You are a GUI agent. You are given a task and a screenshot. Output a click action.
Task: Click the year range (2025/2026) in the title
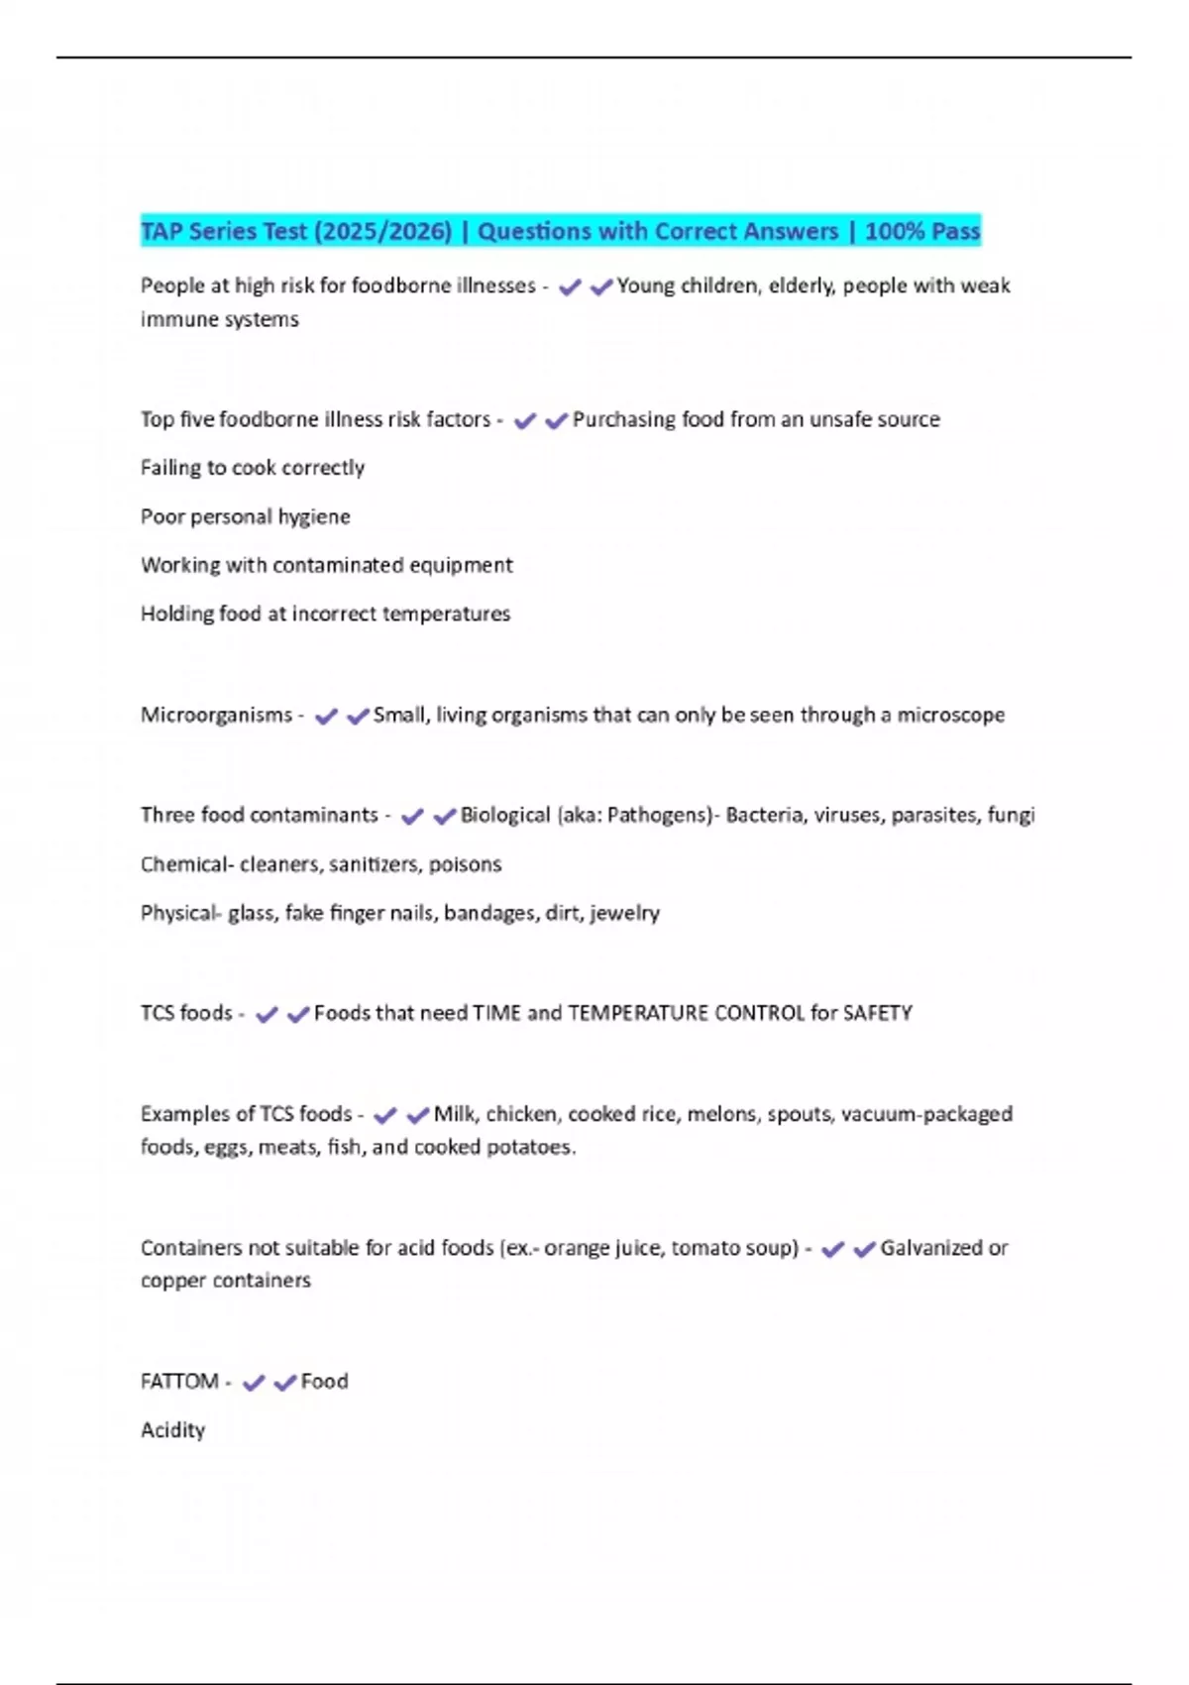[382, 231]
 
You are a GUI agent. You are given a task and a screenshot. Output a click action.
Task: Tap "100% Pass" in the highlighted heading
[921, 231]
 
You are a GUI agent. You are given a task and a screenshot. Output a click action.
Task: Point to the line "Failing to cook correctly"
[253, 468]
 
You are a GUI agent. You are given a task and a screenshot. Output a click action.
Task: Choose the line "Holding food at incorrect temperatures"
[325, 614]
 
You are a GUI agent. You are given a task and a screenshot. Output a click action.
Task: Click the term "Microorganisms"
[216, 715]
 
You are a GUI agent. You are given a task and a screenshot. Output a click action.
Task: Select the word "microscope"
[950, 715]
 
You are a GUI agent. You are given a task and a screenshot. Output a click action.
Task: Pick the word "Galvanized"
[928, 1248]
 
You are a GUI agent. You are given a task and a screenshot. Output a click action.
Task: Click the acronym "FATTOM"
[179, 1382]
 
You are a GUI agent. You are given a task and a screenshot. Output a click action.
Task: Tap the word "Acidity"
[172, 1430]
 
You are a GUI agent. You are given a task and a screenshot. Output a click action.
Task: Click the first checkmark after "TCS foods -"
[267, 1014]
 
